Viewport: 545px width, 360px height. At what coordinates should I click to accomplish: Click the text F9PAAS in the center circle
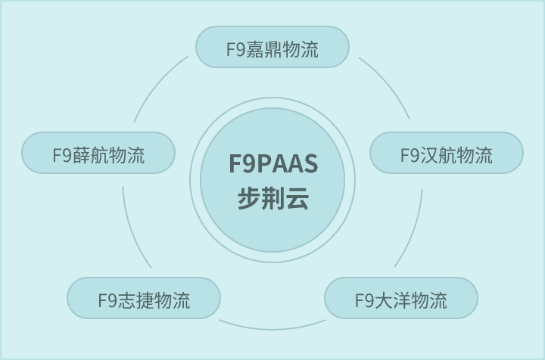[x=272, y=164]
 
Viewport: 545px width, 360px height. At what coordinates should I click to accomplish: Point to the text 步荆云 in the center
[x=272, y=199]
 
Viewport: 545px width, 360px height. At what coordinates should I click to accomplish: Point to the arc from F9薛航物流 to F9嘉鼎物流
[x=157, y=85]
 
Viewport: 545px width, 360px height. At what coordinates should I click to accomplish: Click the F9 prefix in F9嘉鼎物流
[x=235, y=50]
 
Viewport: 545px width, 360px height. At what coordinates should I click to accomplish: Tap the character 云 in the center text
[x=297, y=199]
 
